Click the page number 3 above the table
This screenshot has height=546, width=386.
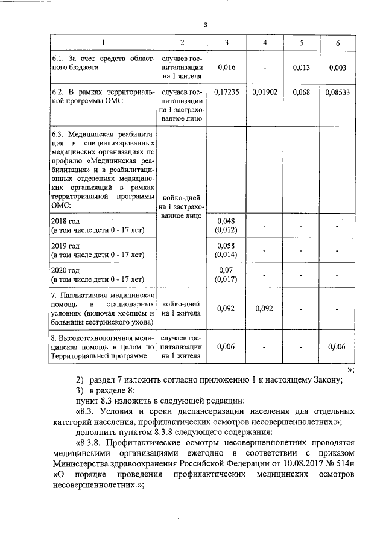[205, 25]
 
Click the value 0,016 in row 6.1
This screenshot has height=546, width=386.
[226, 68]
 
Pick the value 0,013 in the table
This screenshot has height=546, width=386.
[301, 68]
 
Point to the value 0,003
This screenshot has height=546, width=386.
[338, 68]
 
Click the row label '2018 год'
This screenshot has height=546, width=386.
[66, 221]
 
